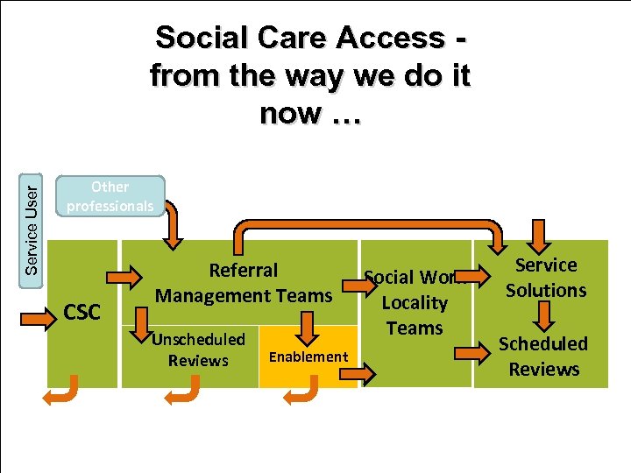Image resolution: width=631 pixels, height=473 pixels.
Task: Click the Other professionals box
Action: tap(110, 196)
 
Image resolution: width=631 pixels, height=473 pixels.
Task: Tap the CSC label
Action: tap(83, 311)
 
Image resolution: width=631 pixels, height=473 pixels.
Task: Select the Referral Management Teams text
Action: tap(244, 283)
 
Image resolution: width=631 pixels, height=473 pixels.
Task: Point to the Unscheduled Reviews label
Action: tap(198, 349)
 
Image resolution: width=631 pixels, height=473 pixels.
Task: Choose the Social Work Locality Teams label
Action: tap(415, 303)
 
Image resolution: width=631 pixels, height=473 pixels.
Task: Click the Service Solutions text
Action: tap(545, 277)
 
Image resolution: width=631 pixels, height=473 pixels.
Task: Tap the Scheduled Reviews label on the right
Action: tap(543, 357)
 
